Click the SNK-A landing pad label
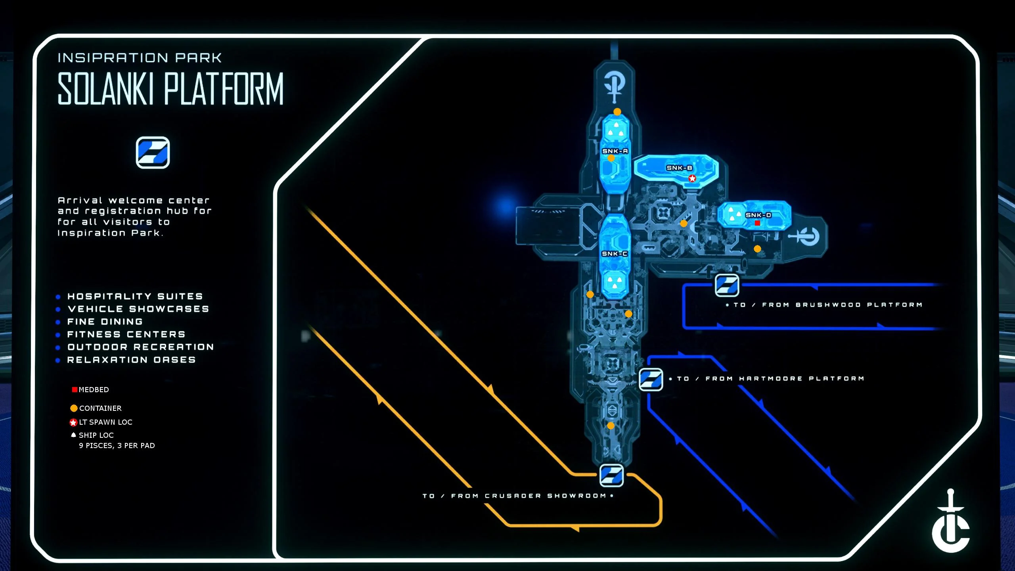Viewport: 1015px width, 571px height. point(615,151)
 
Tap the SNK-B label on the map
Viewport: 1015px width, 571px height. point(679,168)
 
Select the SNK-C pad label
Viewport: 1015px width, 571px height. point(615,254)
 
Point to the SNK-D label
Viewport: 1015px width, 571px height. point(758,215)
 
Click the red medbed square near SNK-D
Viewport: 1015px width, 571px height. point(757,223)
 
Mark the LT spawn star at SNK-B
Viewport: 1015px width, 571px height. point(692,178)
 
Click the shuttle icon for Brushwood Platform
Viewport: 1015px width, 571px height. point(727,285)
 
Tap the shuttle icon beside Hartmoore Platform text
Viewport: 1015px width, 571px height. point(651,379)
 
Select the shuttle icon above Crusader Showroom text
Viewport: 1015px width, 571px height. point(611,475)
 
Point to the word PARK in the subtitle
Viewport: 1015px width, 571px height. point(199,58)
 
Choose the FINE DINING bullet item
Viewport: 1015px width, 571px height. point(105,322)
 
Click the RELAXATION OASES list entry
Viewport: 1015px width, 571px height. point(131,360)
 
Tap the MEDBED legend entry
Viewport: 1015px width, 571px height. point(94,390)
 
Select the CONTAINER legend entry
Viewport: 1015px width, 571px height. point(100,408)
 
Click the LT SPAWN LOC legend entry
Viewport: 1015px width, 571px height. point(105,422)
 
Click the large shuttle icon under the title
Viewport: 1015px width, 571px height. point(153,153)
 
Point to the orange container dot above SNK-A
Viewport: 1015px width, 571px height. point(617,112)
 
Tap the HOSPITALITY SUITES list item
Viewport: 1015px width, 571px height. point(135,296)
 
